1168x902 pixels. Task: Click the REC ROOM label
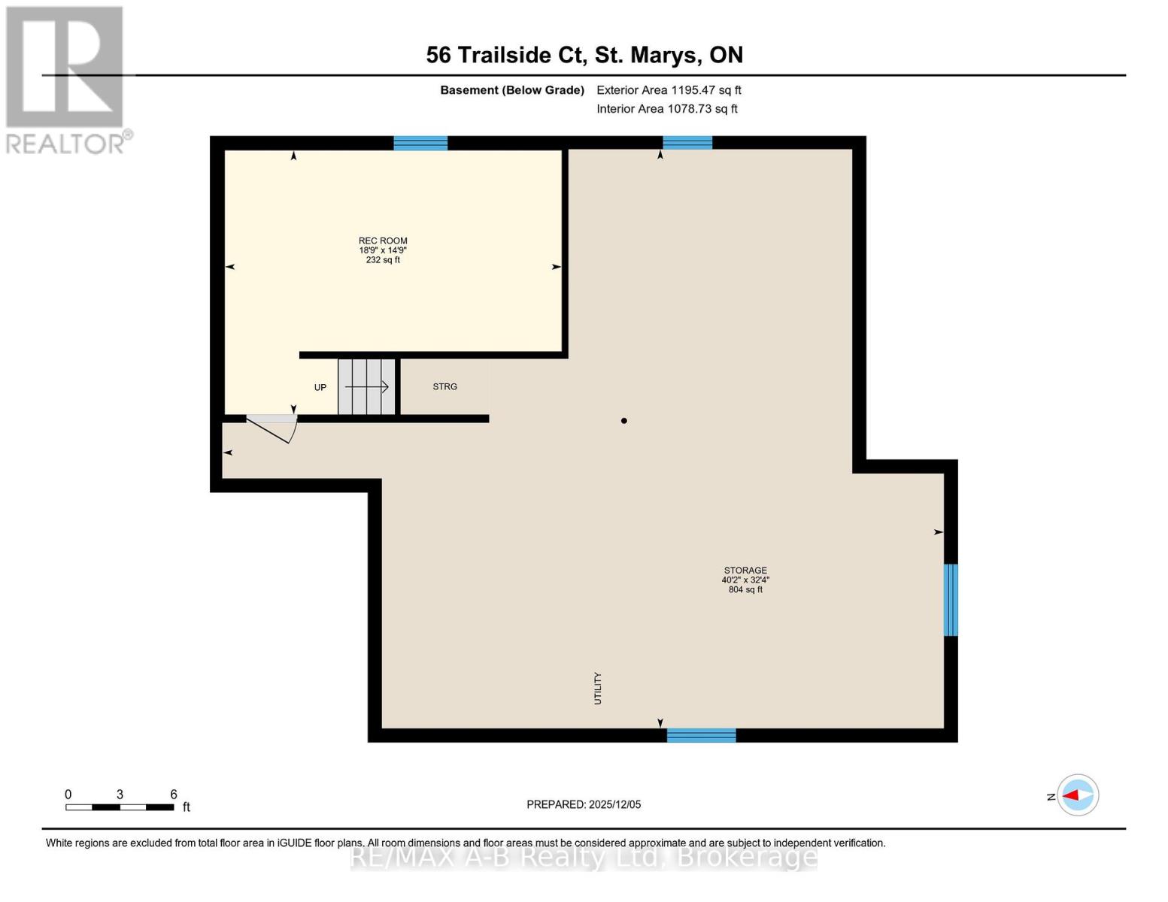(x=383, y=241)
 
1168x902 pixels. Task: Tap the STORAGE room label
(x=745, y=570)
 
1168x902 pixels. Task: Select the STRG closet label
(x=444, y=386)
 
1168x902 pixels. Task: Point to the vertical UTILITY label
(x=597, y=688)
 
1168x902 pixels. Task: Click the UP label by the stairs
(x=320, y=387)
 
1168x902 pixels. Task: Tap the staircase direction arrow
(x=366, y=386)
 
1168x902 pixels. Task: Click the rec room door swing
(x=272, y=428)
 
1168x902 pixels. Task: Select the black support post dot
(x=623, y=421)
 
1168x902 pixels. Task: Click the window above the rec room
(x=420, y=143)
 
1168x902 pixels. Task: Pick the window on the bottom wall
(x=701, y=735)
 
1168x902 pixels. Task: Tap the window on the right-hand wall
(x=951, y=600)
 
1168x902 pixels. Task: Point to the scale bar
(x=120, y=807)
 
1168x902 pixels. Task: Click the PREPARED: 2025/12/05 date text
(x=584, y=804)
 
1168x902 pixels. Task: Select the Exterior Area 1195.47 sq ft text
(x=669, y=90)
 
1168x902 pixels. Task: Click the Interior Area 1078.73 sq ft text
(x=667, y=109)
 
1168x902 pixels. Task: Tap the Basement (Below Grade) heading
(x=512, y=90)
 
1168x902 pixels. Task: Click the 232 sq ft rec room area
(x=383, y=260)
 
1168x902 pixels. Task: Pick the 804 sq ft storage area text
(x=745, y=589)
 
